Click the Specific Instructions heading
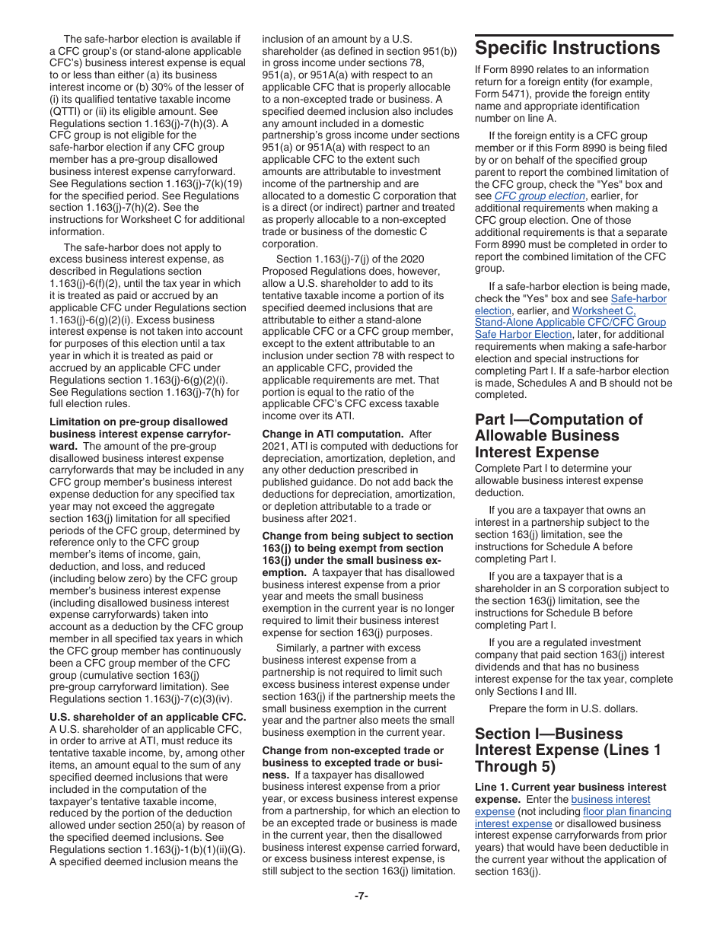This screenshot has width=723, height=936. [567, 49]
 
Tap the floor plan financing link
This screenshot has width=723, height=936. [627, 811]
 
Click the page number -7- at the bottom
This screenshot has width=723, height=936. [361, 896]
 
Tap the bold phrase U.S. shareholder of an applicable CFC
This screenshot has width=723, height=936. [148, 717]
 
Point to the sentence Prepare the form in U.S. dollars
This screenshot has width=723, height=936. [563, 709]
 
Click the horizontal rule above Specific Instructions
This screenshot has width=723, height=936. [574, 35]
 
